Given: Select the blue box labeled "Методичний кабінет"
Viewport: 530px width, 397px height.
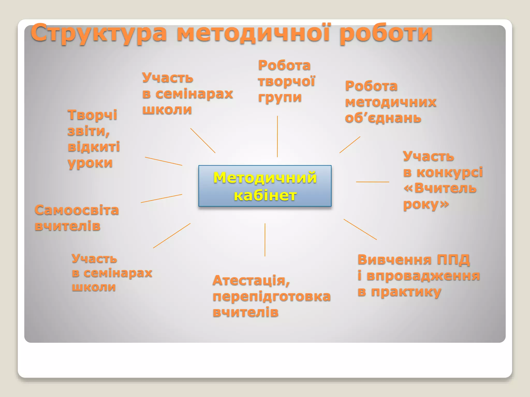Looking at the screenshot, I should coord(265,186).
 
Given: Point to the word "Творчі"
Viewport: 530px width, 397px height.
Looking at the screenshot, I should coord(92,115).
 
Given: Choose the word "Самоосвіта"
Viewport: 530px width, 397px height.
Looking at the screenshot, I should coord(77,210).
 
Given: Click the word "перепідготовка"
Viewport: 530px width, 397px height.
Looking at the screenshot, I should coord(271,296).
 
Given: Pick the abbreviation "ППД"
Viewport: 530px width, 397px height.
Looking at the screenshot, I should coord(453,260).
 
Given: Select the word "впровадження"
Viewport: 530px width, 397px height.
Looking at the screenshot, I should coord(423,276).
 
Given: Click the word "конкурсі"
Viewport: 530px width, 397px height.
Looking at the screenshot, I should coord(450,172).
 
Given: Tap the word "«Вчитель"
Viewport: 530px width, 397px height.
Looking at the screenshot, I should coord(440,188).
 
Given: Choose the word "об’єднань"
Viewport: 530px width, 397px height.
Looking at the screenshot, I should coord(383,118).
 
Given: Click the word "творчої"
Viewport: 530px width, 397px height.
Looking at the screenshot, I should coord(286,81).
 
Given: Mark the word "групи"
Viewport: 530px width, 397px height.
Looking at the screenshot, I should coord(280,98).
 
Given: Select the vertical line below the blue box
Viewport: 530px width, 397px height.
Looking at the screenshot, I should coord(265,240).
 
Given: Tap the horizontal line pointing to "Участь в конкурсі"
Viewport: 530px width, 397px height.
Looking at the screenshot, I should coord(372,182).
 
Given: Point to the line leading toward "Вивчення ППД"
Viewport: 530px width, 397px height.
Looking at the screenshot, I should coord(360,229).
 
